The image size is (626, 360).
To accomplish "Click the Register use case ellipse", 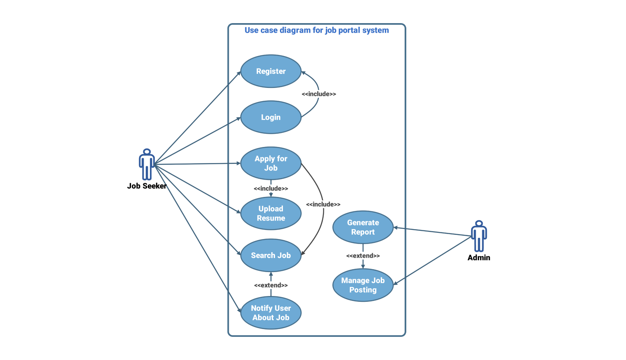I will (271, 71).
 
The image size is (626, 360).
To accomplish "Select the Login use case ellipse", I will (271, 117).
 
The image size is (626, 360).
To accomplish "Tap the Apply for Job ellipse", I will (271, 163).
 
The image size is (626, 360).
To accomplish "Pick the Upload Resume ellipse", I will (271, 213).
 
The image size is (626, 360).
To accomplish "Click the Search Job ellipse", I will (271, 256).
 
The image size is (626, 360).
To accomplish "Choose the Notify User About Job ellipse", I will (271, 313).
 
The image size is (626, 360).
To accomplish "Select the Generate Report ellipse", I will (363, 227).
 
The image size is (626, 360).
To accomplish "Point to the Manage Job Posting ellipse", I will (363, 285).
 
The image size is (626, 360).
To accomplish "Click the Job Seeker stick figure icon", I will (147, 164).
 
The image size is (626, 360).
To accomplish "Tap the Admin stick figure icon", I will (479, 236).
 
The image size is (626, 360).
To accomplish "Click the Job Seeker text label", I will (147, 186).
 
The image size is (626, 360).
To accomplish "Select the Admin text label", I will (479, 258).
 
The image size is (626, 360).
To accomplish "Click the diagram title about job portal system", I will (317, 30).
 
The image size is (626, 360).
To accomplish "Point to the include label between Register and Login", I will (319, 94).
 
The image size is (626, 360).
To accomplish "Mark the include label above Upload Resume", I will (271, 189).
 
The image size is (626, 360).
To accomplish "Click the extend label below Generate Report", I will (363, 256).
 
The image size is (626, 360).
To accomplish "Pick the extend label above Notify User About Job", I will (271, 285).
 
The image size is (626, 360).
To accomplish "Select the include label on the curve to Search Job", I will (323, 204).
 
